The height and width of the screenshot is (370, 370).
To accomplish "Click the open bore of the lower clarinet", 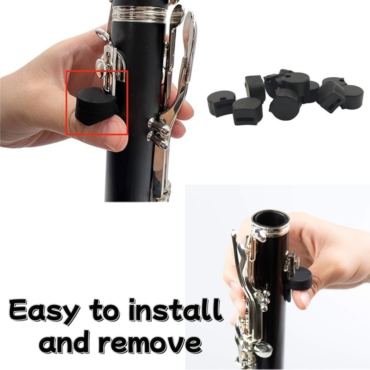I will (270, 219).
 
